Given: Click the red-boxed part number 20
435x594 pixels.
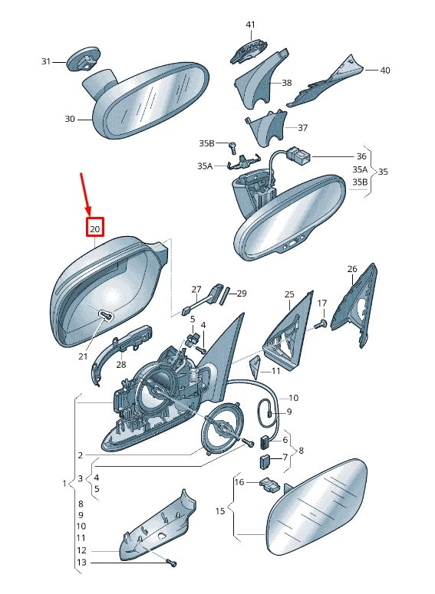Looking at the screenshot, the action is point(95,229).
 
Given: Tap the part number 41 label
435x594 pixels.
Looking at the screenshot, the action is point(250,25).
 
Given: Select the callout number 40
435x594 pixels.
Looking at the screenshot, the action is point(384,70).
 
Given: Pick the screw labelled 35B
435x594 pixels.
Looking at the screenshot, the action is point(232,147).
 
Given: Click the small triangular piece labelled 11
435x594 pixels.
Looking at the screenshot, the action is point(255,366).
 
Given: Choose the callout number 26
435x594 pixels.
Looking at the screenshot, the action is point(352,269).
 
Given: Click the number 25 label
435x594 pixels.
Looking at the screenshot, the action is point(289,294).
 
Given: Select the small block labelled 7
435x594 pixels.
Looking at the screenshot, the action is point(265,462).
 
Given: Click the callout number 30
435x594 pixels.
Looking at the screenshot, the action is point(70,119).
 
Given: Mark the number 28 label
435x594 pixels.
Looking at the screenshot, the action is point(121,364).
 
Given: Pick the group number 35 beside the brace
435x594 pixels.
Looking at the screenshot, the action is point(383,172).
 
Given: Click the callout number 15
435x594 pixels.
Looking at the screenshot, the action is point(220,511).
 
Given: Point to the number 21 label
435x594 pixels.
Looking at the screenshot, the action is point(83,356).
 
